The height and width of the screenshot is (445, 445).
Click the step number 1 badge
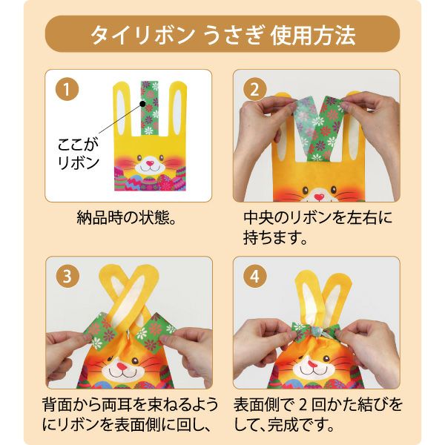pyautogui.click(x=67, y=91)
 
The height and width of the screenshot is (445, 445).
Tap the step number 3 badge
pyautogui.click(x=67, y=278)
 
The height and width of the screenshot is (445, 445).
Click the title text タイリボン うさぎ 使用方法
pyautogui.click(x=222, y=34)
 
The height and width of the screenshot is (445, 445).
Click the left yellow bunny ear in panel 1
pyautogui.click(x=125, y=111)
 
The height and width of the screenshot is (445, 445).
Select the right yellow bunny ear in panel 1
pyautogui.click(x=174, y=111)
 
